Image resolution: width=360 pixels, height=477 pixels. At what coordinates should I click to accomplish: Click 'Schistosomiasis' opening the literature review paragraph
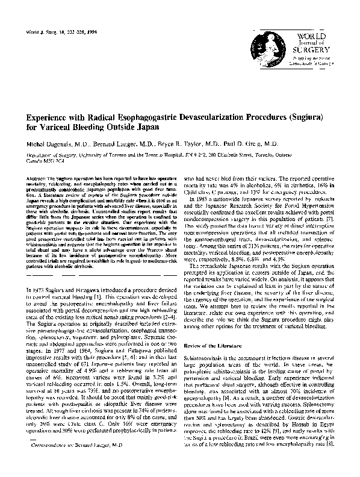coord(208,357)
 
